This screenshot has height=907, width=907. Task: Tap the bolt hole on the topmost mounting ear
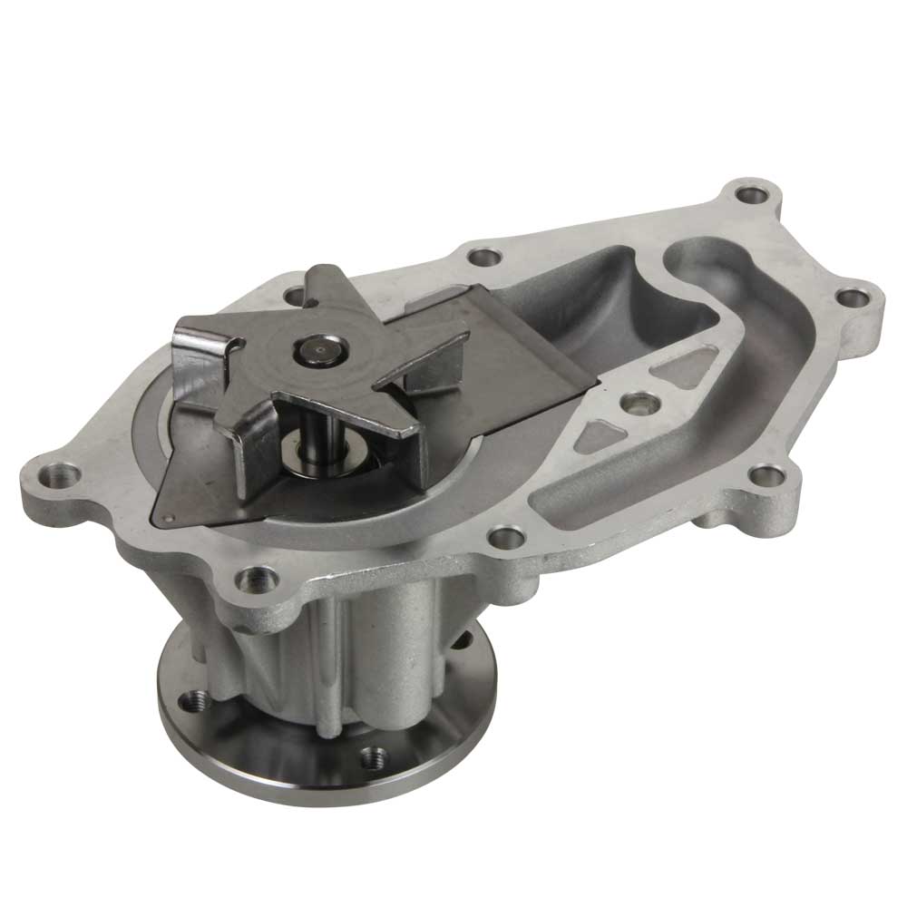[x=749, y=194]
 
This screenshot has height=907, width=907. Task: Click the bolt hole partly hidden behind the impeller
[x=292, y=297]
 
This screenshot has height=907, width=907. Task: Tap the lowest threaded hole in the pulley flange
[x=370, y=756]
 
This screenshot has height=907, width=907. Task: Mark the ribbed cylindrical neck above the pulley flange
[x=363, y=653]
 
